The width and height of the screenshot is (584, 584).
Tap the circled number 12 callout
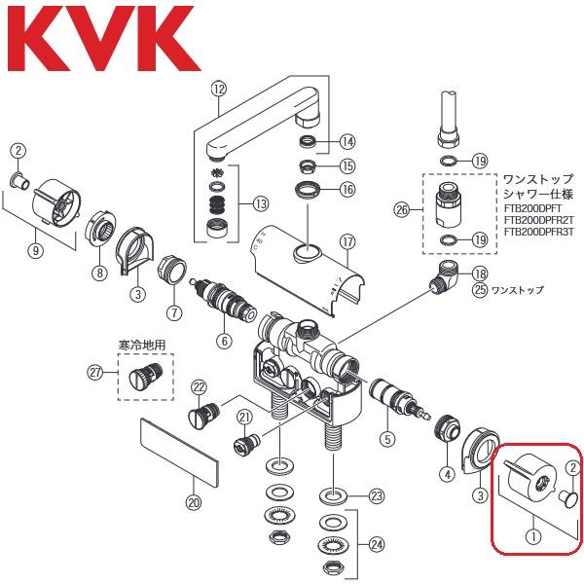pyautogui.click(x=218, y=90)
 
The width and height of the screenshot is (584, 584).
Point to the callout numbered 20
pyautogui.click(x=193, y=502)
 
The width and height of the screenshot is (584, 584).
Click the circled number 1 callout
pyautogui.click(x=531, y=532)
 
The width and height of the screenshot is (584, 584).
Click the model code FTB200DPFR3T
pyautogui.click(x=541, y=234)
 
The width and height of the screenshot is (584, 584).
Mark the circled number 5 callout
pyautogui.click(x=387, y=439)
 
